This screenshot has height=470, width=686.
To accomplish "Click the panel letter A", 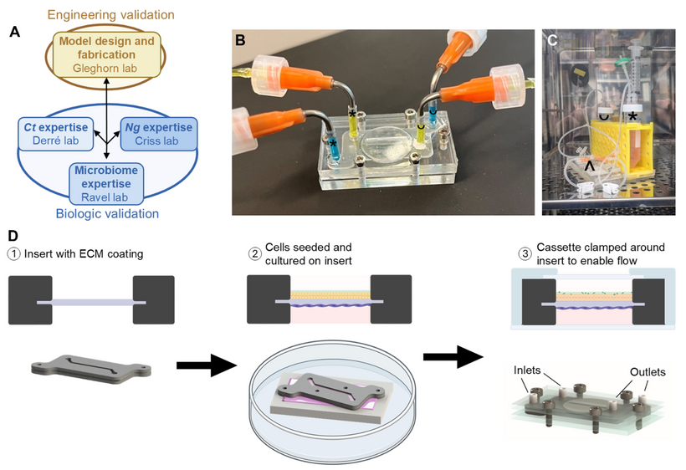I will click(x=14, y=33).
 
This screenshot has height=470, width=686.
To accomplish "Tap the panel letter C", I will click(x=553, y=41).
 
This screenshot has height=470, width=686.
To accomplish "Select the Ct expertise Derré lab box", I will click(x=49, y=133).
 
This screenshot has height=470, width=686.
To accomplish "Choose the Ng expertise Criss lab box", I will click(x=162, y=133).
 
